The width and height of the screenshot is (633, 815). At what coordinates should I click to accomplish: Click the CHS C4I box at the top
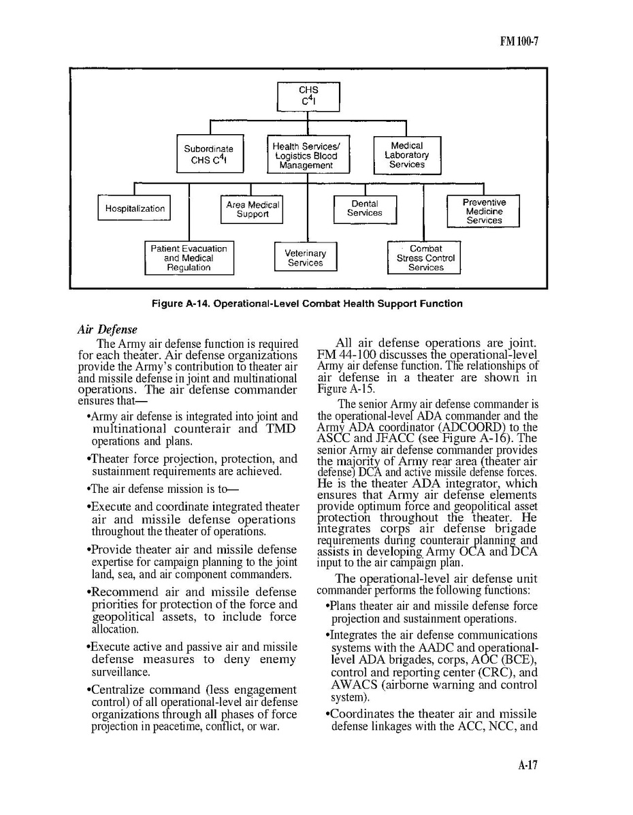pos(308,97)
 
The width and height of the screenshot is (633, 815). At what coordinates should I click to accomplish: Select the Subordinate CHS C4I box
pos(208,155)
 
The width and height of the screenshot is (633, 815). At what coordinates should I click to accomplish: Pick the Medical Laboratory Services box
pos(407,155)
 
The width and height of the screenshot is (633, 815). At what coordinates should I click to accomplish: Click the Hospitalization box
pos(135,208)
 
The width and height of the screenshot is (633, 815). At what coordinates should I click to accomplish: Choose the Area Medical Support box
pos(252,209)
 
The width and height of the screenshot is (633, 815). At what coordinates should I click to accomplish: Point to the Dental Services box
pos(365,208)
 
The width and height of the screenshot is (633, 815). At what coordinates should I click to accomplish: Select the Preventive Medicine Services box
pos(484,211)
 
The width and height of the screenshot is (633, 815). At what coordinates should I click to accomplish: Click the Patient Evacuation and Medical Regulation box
pos(189,258)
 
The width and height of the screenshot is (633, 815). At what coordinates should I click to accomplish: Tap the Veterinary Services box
pos(305,257)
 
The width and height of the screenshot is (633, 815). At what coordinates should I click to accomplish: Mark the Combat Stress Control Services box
pos(425,258)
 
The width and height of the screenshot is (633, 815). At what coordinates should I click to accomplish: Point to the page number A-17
pos(527,765)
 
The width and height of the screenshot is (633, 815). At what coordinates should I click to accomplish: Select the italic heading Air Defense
pos(107,330)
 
